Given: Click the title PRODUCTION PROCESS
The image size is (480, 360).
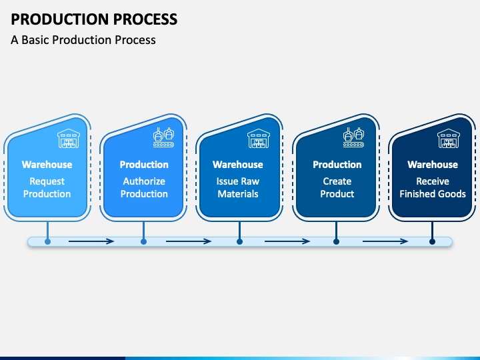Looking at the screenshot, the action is point(94,19).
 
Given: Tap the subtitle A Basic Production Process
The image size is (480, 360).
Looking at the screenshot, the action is point(83,40).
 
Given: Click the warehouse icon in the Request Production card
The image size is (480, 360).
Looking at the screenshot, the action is point(69,139).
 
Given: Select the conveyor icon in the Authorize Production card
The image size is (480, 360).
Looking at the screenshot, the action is point(164,137).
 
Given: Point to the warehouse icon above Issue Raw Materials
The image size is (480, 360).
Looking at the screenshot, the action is point(259,139).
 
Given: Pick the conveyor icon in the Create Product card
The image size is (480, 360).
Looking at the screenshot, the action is point(353,137).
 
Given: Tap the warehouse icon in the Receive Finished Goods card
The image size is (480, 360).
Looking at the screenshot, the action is point(449,139).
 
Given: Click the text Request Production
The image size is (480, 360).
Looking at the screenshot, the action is point(47,187).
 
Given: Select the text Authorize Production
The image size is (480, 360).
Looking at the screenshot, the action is point(144,187).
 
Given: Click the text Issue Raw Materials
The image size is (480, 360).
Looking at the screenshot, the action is point(238,187).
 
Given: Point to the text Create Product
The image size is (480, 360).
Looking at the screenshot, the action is point(337,187).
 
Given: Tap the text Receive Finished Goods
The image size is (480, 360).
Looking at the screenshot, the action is point(433,187).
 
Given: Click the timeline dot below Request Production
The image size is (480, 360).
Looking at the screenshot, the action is point(47,242).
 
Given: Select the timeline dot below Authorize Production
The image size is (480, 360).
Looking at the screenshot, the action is point(143,242).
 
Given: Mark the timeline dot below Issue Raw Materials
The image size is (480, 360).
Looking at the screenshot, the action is point(240,242).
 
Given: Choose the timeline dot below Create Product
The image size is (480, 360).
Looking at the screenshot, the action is point(336,242).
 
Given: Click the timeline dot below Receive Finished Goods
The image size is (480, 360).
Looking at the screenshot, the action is point(432,242).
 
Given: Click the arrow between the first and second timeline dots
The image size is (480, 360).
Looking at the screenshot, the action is point(91,241).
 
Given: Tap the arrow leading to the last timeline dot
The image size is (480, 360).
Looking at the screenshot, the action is point(385,241).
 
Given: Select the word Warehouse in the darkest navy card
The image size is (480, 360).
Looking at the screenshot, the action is point(433,165).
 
